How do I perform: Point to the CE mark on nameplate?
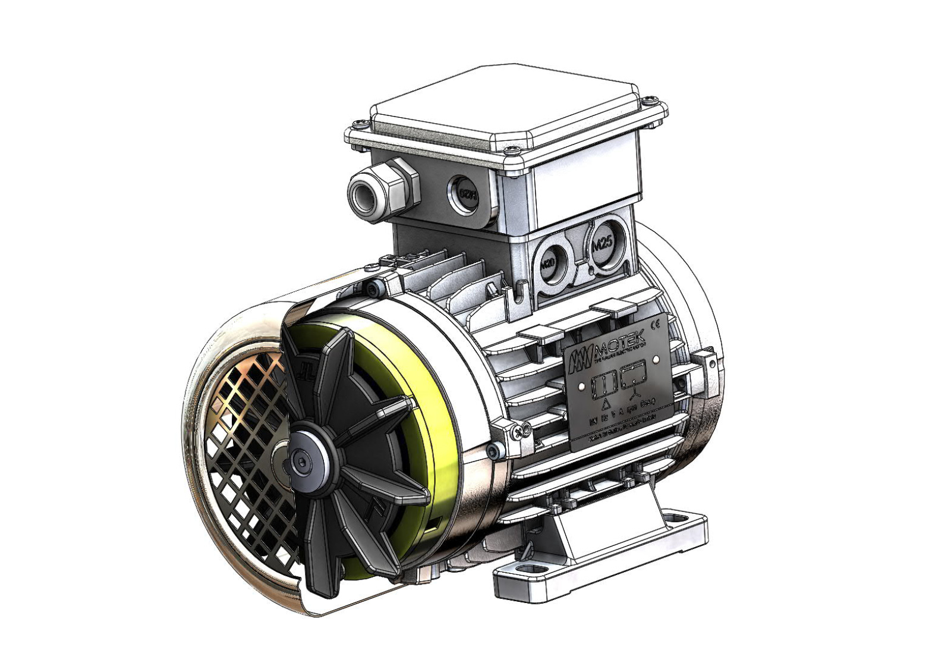point(656,325)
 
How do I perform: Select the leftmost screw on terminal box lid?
point(358,124)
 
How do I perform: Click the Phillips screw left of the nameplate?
point(522,429)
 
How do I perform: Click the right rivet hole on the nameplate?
point(656,359)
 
